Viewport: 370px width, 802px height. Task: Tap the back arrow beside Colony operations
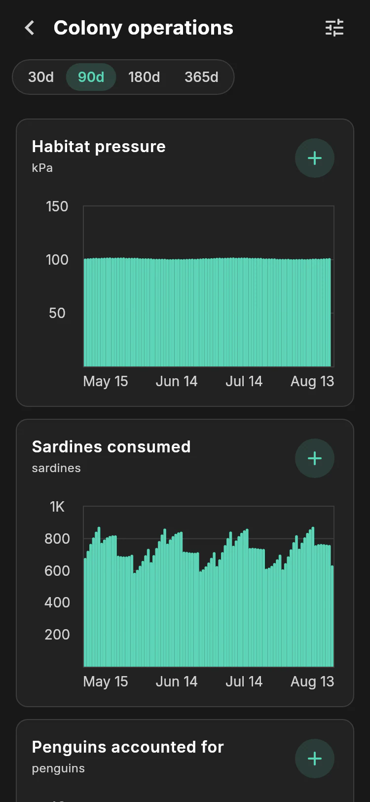[30, 28]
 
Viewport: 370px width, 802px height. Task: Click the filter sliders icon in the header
[334, 28]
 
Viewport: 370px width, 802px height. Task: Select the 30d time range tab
[41, 77]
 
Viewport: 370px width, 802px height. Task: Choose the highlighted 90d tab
[91, 77]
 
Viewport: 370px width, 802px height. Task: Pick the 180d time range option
[144, 77]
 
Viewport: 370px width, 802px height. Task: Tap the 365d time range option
[201, 77]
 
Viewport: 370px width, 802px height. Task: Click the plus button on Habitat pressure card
[315, 158]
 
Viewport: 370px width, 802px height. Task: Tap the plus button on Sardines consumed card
[315, 458]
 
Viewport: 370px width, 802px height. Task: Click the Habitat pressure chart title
[99, 147]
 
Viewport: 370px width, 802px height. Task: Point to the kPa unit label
[42, 167]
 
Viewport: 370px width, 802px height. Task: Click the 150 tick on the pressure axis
[57, 206]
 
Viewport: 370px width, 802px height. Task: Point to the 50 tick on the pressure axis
[57, 313]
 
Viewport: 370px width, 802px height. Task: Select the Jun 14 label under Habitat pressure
[177, 381]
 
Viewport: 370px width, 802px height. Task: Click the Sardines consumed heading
[111, 446]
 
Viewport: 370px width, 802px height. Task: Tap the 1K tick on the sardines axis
[57, 507]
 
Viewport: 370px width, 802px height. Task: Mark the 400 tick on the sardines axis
[57, 602]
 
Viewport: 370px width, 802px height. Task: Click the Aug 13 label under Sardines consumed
[312, 682]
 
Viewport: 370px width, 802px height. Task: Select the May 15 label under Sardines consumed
[105, 682]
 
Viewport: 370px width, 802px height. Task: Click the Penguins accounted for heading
[128, 747]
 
